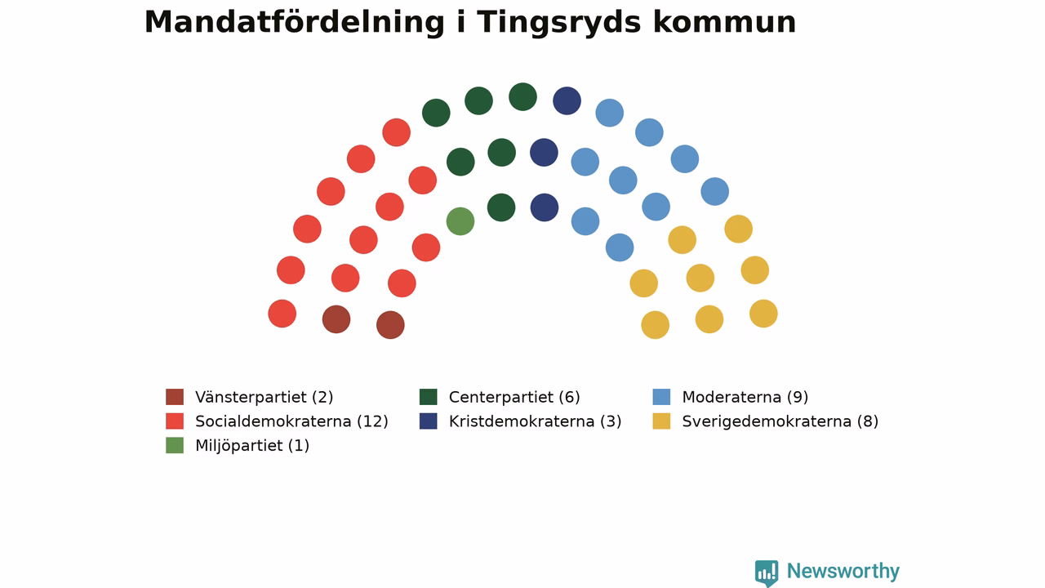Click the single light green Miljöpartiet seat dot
click(460, 221)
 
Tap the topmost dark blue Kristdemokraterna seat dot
click(567, 100)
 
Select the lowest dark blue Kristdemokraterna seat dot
click(545, 207)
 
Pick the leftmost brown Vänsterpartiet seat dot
click(336, 319)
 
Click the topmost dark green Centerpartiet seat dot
click(522, 97)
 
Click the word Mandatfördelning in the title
click(295, 22)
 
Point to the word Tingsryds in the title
click(558, 22)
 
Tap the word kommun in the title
click(724, 22)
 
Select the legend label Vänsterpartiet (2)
click(264, 397)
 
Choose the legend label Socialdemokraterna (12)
click(291, 421)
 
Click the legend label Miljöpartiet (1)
click(252, 446)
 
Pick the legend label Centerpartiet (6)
click(514, 397)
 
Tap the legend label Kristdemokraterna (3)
click(535, 421)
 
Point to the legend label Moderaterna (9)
click(745, 397)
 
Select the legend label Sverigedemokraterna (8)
click(780, 421)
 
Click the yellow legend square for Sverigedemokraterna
click(661, 421)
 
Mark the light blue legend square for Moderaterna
click(661, 397)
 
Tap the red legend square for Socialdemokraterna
click(175, 421)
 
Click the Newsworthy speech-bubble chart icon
click(767, 572)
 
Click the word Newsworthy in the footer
click(843, 571)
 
